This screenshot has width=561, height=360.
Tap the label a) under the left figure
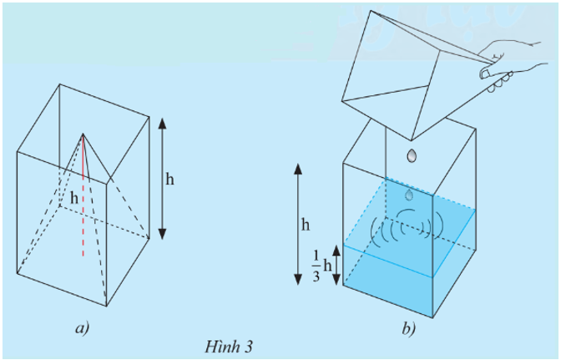coord(82,328)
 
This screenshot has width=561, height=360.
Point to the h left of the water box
coord(306,224)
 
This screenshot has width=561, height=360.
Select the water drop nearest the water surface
coord(408,194)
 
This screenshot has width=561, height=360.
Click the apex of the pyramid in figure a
coord(83,134)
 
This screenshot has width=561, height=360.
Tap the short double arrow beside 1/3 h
coord(335,264)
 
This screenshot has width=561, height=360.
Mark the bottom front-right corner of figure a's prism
coord(107,307)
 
